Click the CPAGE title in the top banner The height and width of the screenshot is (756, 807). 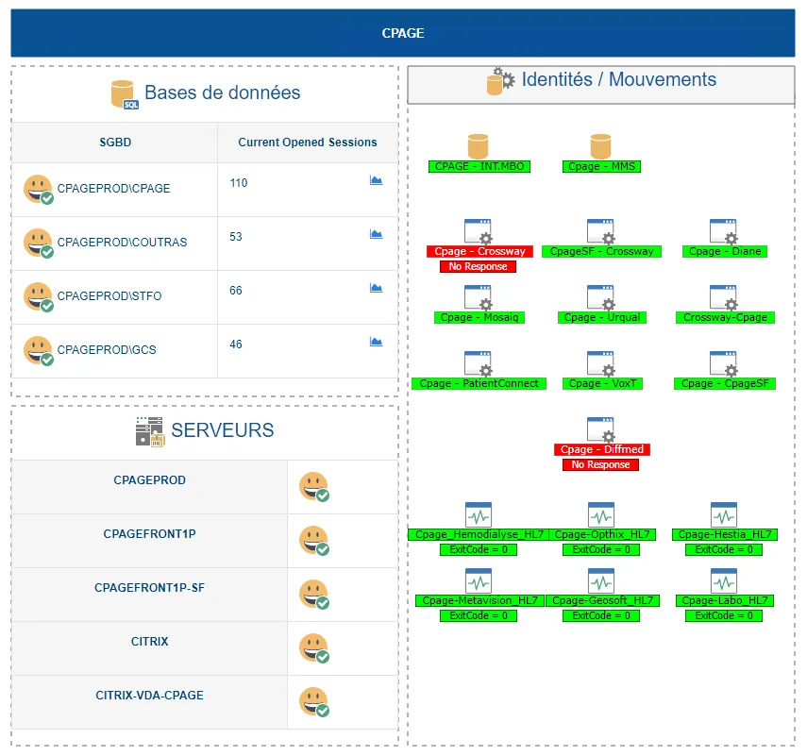403,33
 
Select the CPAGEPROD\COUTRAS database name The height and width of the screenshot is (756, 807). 122,243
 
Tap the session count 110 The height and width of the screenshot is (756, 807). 239,183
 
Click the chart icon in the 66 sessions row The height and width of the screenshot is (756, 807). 376,288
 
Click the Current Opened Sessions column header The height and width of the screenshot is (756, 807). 307,143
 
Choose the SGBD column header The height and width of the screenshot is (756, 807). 115,143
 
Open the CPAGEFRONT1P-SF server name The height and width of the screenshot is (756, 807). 149,588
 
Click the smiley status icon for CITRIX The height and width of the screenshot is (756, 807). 314,647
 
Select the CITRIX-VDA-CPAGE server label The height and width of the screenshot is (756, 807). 149,696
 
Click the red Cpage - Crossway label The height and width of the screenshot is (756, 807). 479,252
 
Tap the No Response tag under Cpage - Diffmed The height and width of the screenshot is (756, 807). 600,465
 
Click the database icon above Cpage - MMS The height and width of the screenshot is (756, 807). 600,146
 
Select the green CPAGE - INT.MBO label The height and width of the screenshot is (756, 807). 479,167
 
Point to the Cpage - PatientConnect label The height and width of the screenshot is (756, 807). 479,384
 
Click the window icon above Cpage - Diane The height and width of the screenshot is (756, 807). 724,231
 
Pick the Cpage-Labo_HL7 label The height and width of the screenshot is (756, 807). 724,601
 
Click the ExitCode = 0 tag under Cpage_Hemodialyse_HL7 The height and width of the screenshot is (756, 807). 479,549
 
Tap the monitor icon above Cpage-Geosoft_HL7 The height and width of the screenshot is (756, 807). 600,580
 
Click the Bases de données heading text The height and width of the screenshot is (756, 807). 222,92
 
